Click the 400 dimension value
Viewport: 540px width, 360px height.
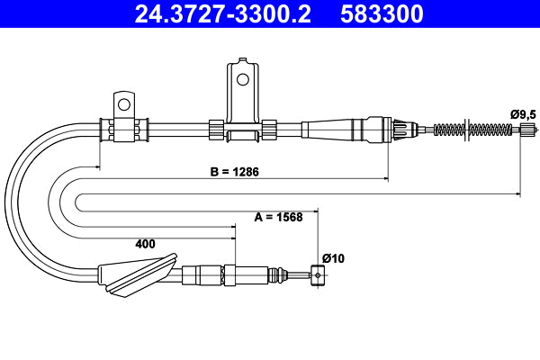click(x=144, y=243)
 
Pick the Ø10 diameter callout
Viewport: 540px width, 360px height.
click(x=332, y=258)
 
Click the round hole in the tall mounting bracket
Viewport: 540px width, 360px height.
click(x=240, y=78)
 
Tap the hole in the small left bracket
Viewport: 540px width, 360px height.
click(x=123, y=100)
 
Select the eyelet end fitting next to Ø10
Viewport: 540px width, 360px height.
click(x=316, y=274)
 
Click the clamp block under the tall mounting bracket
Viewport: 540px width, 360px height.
click(x=244, y=134)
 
